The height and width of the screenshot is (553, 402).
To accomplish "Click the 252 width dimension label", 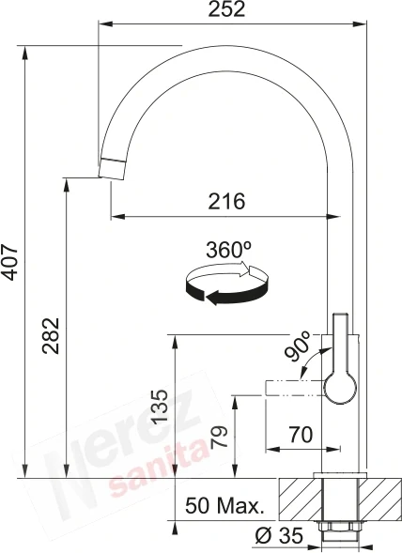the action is pos(226,9).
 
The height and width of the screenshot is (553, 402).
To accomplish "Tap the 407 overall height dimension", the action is pos(9,262).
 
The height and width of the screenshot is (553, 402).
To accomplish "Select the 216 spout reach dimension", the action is pos(226,201).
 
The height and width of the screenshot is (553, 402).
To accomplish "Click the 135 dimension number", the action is pos(160,407).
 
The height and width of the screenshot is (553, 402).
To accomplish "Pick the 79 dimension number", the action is pos(219,437).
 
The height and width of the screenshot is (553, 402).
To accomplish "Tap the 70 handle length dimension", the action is pos(301,435).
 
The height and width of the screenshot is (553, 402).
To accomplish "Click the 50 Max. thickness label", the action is pos(224,506).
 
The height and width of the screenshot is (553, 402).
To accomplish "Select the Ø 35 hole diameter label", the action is pos(279,536).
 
